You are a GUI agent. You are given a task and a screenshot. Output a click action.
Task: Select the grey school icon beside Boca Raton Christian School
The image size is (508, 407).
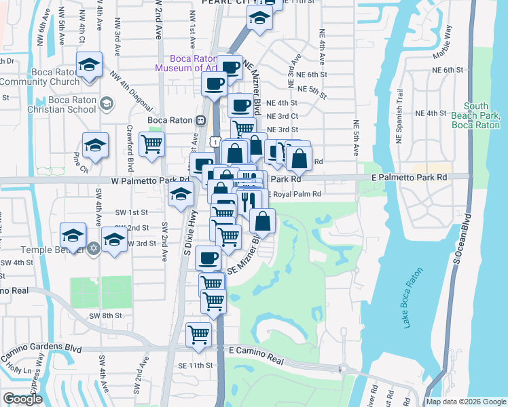(x=106, y=104)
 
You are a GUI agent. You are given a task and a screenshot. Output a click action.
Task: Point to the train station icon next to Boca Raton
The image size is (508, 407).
(x=201, y=121)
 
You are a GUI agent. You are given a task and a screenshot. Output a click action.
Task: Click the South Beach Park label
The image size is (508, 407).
(x=485, y=115)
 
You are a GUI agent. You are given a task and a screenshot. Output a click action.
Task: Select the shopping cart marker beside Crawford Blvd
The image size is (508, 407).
(x=151, y=143)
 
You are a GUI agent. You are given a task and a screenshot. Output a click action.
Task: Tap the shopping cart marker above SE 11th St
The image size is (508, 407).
(x=198, y=334)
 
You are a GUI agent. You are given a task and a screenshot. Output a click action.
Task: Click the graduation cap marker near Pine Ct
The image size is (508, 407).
(x=95, y=145)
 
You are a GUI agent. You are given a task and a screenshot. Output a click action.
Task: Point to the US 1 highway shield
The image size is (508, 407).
(x=215, y=140)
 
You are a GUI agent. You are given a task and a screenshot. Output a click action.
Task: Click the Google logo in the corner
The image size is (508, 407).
(x=22, y=399)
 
